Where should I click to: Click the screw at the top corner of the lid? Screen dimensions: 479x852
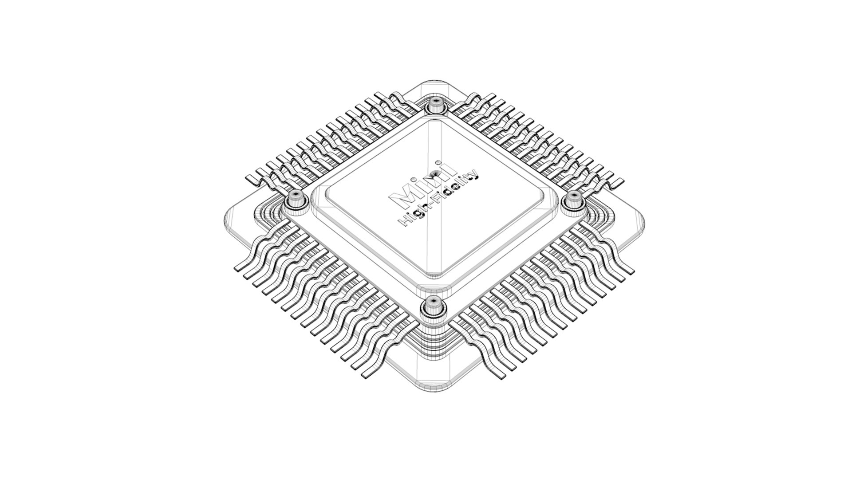(x=436, y=106)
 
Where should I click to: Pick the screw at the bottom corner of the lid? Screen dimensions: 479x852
(x=431, y=305)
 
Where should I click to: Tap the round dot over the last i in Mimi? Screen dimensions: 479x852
(x=438, y=162)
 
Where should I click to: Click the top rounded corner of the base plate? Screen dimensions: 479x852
(x=434, y=84)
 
